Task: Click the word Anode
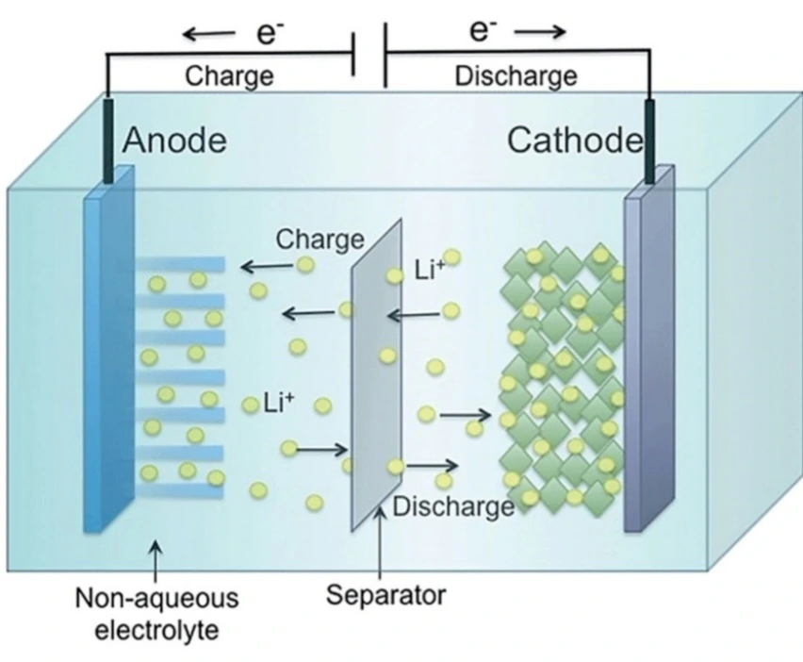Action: coord(175,141)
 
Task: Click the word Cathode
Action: coord(575,141)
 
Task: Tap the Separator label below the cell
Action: coord(385,595)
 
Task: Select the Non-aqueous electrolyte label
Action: coord(157,614)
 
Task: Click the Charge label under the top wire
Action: coord(228,75)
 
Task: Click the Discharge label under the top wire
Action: coord(516,75)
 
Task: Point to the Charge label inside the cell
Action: coord(320,239)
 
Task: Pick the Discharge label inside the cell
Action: coord(453,506)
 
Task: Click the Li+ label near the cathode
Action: coord(428,271)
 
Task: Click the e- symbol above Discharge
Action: coord(483,32)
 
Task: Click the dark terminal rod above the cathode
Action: coord(649,141)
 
